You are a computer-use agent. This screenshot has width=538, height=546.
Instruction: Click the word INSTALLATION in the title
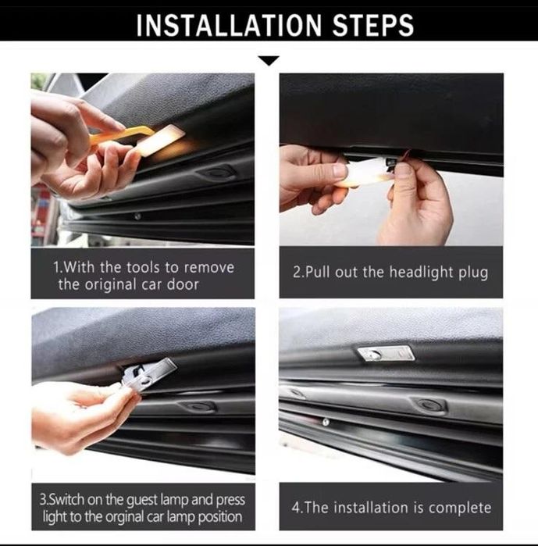[x=229, y=25]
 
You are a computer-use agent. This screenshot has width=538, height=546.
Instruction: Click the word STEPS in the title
[x=373, y=25]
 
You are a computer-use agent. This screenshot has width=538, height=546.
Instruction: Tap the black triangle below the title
[x=269, y=60]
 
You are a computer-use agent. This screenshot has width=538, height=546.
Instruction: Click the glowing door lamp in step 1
[x=159, y=140]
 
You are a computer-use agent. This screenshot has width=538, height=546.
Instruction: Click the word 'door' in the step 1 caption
[x=183, y=284]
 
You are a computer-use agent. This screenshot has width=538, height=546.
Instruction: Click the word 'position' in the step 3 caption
[x=220, y=517]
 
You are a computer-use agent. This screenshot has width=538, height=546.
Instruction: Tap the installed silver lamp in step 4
[x=386, y=353]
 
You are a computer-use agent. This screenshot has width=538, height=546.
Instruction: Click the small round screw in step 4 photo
[x=326, y=423]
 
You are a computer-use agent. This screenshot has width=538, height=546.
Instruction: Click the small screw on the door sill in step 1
[x=137, y=216]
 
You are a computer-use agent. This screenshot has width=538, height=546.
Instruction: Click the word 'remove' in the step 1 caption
[x=208, y=267]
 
